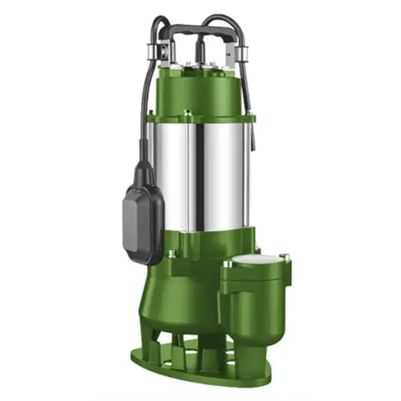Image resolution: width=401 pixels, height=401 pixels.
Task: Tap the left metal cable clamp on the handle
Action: pos(157,49)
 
